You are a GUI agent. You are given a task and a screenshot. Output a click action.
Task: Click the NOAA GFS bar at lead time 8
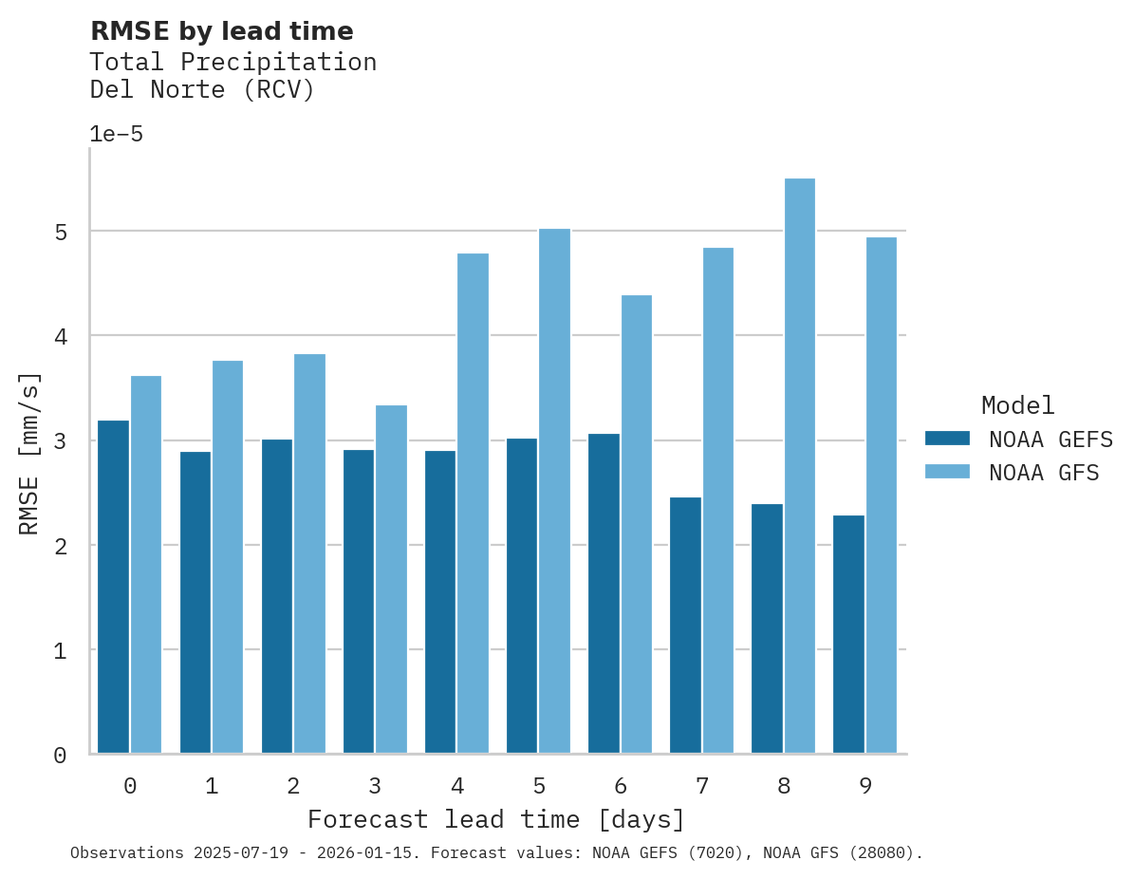(x=799, y=466)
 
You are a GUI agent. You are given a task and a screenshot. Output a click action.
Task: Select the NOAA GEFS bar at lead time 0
(x=114, y=587)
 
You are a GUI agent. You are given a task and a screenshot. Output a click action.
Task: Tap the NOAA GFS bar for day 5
(x=554, y=491)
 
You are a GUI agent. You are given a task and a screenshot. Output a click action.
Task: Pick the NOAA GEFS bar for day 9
(x=848, y=634)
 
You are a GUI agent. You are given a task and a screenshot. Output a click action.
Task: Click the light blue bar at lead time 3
(x=391, y=579)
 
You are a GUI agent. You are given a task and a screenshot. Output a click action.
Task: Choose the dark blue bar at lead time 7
(x=685, y=625)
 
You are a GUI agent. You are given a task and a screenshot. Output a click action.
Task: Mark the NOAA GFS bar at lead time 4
(x=473, y=503)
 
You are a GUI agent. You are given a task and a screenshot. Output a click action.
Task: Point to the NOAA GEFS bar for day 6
(x=604, y=593)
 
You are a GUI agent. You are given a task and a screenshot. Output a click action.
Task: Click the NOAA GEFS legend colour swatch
(x=947, y=439)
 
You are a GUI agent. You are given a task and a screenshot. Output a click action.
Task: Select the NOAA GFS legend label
(x=1044, y=473)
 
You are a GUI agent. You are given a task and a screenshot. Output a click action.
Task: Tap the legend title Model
(x=1017, y=406)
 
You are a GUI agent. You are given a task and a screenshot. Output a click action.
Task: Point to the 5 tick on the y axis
(x=60, y=232)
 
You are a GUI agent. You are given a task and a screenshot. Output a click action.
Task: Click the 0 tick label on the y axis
(x=60, y=756)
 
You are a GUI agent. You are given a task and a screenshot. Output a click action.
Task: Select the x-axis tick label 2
(x=293, y=786)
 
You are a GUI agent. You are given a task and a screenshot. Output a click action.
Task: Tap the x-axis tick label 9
(x=864, y=786)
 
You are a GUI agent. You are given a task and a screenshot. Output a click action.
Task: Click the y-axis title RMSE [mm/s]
(x=30, y=454)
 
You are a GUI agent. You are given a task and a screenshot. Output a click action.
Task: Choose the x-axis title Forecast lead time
(x=495, y=819)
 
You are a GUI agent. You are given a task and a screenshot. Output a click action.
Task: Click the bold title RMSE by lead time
(x=221, y=31)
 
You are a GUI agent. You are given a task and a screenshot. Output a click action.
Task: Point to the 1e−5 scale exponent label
(x=116, y=135)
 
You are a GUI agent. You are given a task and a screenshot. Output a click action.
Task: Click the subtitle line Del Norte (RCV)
(x=201, y=90)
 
